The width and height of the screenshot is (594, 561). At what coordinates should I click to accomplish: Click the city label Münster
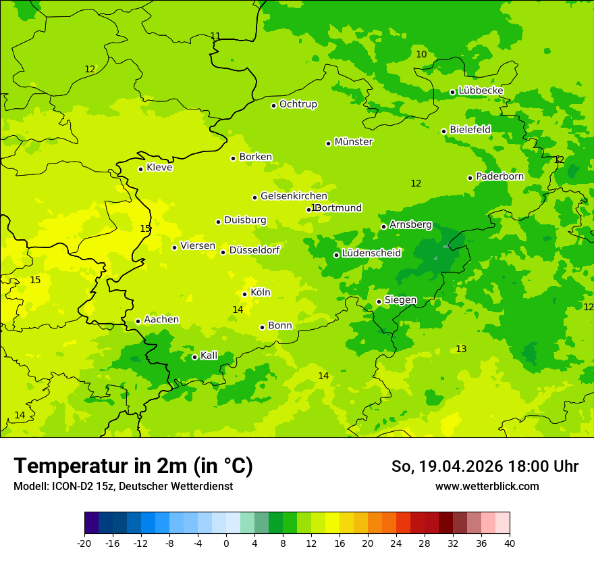tap(353, 142)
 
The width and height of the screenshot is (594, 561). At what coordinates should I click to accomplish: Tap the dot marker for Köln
tap(244, 294)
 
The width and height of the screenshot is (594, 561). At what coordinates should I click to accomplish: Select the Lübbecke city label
tap(481, 91)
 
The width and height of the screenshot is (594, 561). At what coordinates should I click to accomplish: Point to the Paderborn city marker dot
tap(470, 178)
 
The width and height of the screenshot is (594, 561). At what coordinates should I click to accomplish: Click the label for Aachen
tap(161, 320)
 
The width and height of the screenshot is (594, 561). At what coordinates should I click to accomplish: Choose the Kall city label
tap(209, 356)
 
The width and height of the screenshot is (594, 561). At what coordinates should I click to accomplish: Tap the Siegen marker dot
tap(379, 301)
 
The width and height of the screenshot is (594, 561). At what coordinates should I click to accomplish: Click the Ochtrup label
tap(298, 104)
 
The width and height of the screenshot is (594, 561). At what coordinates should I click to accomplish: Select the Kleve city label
tap(159, 168)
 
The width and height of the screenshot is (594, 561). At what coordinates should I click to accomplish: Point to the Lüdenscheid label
tap(371, 253)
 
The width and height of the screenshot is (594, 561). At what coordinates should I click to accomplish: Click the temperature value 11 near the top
tap(215, 36)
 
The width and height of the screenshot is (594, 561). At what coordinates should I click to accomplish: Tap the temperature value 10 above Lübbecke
tap(421, 55)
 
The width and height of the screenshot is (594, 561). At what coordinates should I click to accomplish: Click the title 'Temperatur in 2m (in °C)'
tap(133, 466)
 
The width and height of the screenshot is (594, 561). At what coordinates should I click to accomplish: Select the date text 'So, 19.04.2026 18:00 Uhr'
tap(485, 466)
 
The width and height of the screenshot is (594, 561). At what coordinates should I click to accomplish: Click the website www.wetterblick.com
tap(487, 487)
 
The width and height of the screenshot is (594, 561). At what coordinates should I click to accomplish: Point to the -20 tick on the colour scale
tap(84, 543)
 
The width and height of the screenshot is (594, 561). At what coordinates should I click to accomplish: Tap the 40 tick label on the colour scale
tap(510, 543)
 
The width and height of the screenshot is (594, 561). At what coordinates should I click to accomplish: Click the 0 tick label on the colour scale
tap(226, 543)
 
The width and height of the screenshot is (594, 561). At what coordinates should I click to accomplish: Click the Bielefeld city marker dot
tap(443, 131)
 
